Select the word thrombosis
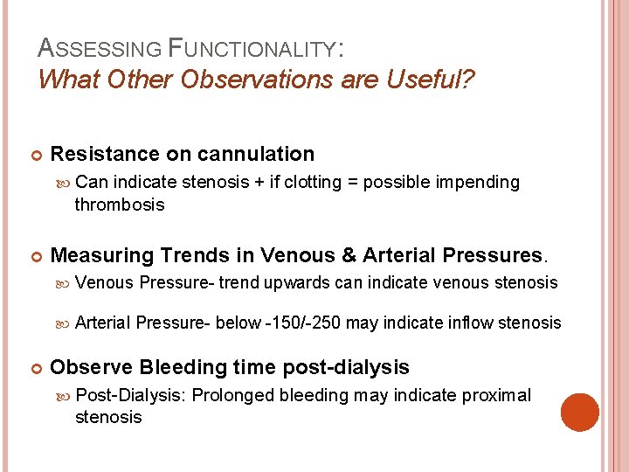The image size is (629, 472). pyautogui.click(x=119, y=205)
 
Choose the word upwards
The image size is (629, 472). pyautogui.click(x=298, y=282)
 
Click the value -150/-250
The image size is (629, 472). pyautogui.click(x=303, y=323)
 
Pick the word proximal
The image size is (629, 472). pyautogui.click(x=496, y=395)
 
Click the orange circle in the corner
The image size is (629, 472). pyautogui.click(x=580, y=413)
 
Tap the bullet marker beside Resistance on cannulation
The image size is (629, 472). pyautogui.click(x=38, y=156)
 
